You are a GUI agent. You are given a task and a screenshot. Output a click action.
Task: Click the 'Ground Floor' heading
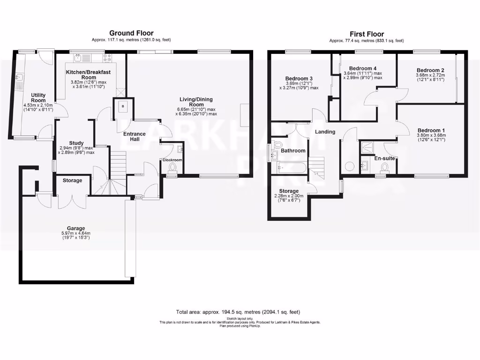(131, 33)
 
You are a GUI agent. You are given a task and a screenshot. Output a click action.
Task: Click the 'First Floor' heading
(367, 34)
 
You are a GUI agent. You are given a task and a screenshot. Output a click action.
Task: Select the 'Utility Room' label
(38, 97)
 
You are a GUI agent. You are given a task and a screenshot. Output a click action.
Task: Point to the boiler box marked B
(123, 106)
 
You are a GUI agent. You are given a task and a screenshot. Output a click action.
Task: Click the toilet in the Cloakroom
(172, 168)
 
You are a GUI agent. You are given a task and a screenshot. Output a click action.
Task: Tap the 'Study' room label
(76, 143)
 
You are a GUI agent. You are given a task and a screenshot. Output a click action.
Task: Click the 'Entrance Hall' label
(134, 137)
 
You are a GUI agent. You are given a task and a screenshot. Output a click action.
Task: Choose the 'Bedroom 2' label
(430, 70)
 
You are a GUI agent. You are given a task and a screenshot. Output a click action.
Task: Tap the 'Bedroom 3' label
(299, 78)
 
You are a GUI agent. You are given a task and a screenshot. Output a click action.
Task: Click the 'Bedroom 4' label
(363, 68)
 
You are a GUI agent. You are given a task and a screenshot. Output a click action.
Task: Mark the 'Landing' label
(325, 132)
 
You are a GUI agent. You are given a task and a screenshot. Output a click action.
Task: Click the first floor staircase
(317, 167)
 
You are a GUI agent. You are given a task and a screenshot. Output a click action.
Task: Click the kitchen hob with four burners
(108, 58)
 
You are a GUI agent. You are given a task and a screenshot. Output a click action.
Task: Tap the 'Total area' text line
(238, 312)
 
